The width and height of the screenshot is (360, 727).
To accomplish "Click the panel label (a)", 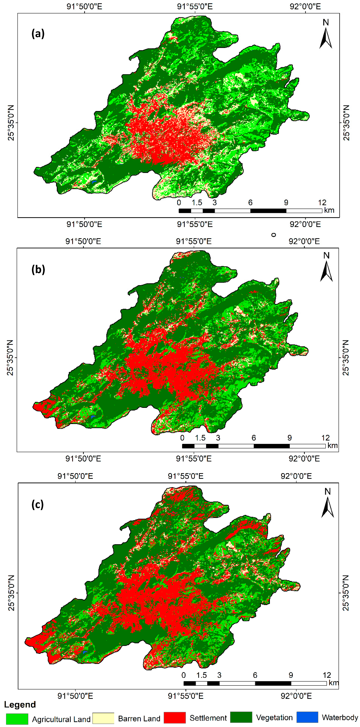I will [x=38, y=34].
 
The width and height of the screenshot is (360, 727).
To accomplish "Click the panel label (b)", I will [x=38, y=269].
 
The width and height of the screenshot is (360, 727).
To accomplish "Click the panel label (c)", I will [x=38, y=504].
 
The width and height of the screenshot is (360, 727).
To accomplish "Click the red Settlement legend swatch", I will [x=175, y=718].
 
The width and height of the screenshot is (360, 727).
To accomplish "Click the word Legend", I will [x=20, y=705].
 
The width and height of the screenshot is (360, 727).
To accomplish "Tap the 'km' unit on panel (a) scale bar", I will [x=329, y=210].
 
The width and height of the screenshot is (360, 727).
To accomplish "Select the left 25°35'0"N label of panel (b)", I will [x=10, y=358].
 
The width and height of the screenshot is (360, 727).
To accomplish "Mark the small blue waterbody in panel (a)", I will [x=94, y=182].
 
